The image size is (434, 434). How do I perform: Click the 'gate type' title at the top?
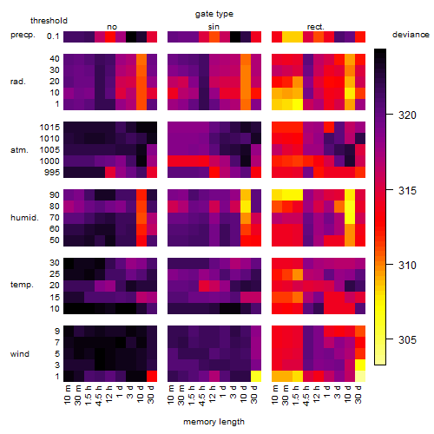coord(214,14)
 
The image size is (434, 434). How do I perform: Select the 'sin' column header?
coord(214,27)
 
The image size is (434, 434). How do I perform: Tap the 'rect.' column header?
coord(316,27)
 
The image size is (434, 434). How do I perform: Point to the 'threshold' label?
coord(49,21)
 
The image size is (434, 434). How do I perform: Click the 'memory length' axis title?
coord(214,422)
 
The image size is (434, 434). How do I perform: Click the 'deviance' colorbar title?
coord(411,35)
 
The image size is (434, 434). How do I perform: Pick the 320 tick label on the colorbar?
coord(407,115)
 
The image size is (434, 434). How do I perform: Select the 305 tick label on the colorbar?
coord(407,339)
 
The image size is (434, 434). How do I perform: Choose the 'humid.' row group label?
coord(24,218)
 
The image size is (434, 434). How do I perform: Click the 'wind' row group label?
coord(20,354)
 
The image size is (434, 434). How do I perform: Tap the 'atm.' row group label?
coord(19,150)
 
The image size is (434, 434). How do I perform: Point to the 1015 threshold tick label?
coord(49,128)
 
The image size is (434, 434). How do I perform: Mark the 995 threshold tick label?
coord(52,173)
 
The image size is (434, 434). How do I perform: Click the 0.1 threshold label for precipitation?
coord(53,36)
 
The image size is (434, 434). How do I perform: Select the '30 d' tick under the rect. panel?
coord(358,394)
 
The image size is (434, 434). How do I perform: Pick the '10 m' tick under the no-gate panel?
coord(67,394)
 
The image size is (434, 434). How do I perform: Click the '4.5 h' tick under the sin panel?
coord(202,395)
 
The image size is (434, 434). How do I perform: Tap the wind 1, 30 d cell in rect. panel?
coord(360,376)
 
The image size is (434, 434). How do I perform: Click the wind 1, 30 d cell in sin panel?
coord(256,376)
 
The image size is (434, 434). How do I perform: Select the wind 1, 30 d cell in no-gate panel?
coord(152,376)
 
